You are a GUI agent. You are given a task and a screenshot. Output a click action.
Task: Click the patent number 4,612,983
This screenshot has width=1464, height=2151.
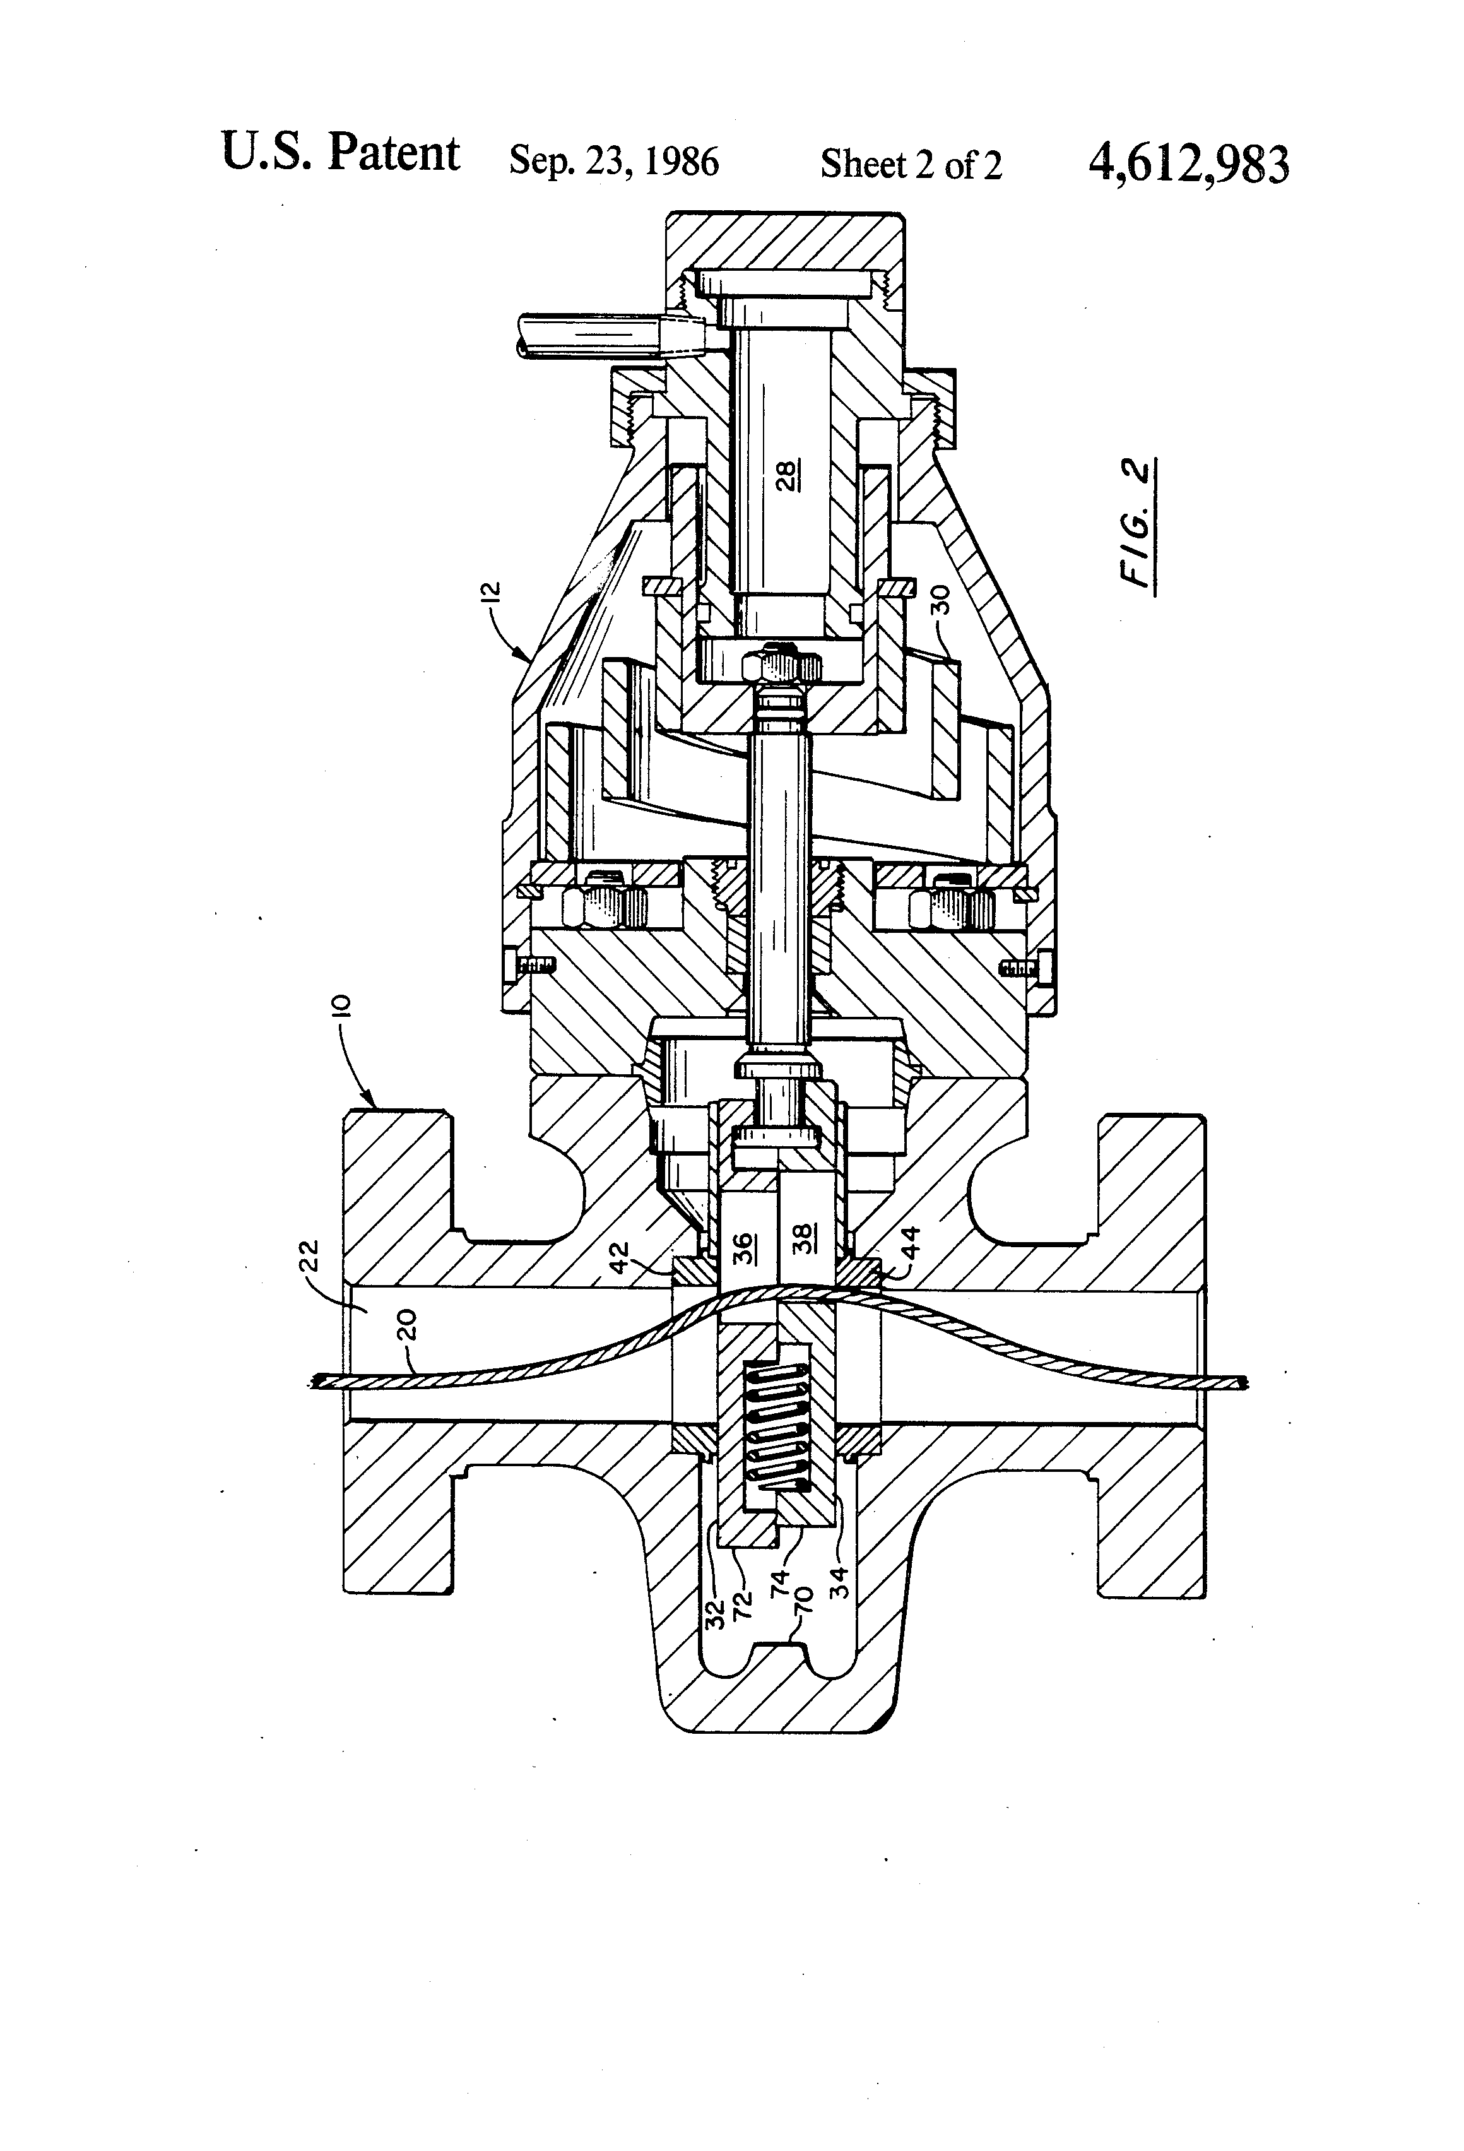coord(1188,165)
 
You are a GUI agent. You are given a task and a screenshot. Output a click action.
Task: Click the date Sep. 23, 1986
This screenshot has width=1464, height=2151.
coord(613,162)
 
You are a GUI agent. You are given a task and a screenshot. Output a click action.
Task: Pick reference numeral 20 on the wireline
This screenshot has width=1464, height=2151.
coord(411,1326)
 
